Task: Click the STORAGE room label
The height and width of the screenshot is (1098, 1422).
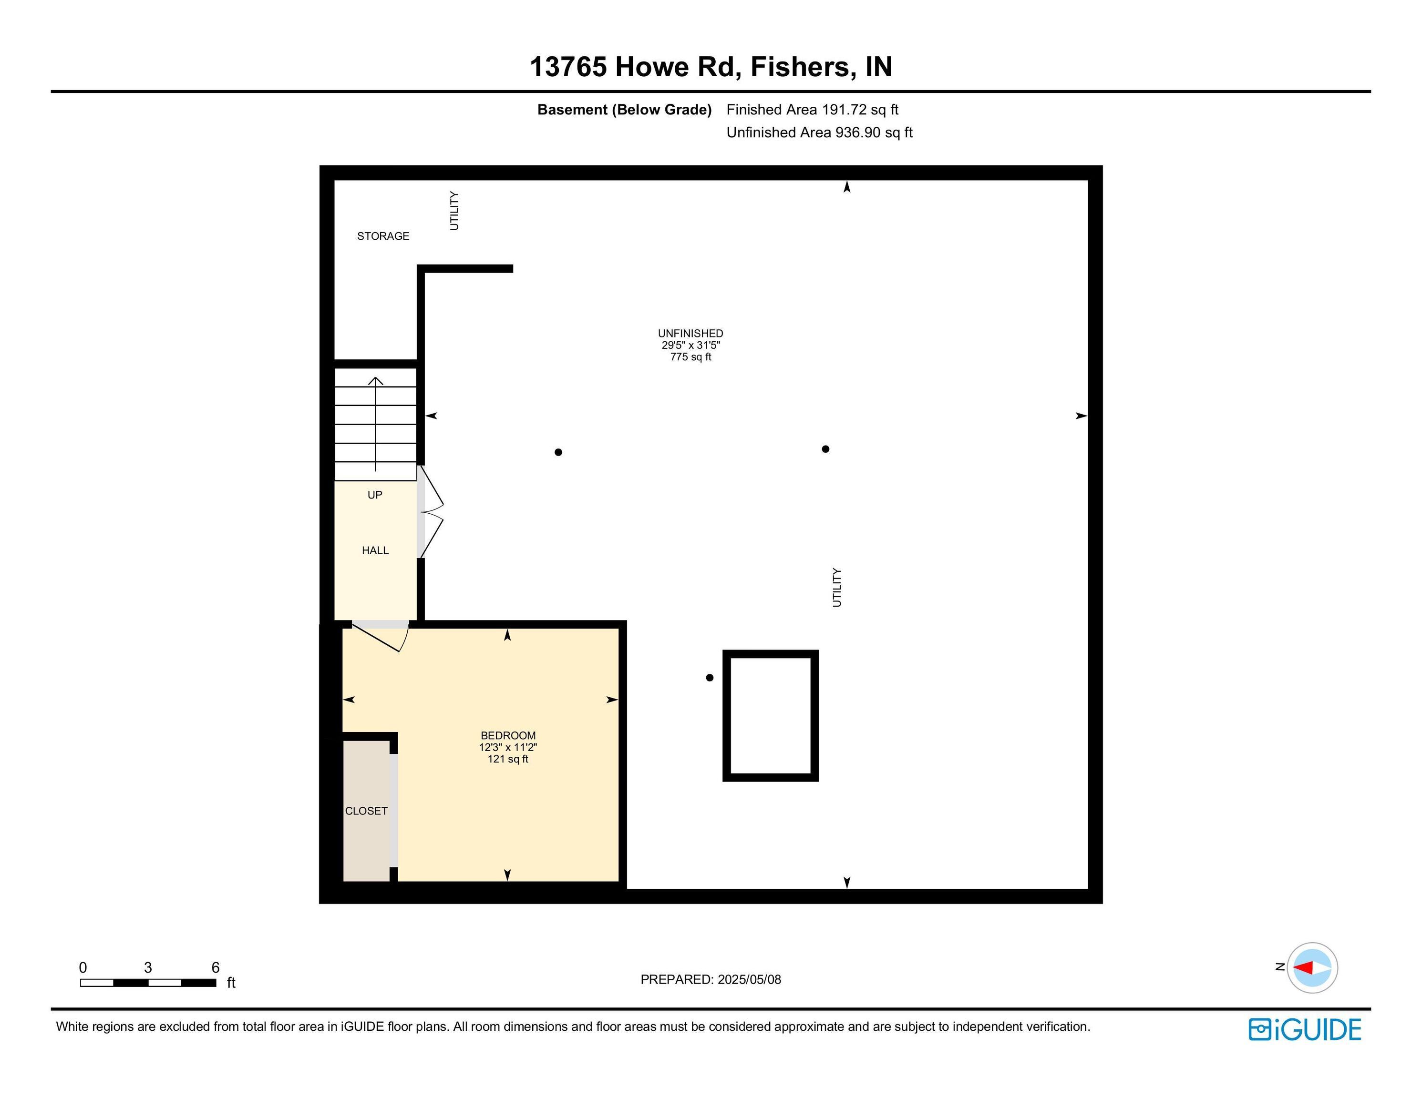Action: pyautogui.click(x=383, y=235)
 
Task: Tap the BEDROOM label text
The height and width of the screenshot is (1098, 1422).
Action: pyautogui.click(x=508, y=735)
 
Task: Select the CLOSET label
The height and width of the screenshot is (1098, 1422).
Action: pyautogui.click(x=366, y=811)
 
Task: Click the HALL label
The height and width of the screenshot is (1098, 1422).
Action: pyautogui.click(x=375, y=550)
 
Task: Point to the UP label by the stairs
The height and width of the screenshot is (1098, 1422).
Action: pyautogui.click(x=375, y=495)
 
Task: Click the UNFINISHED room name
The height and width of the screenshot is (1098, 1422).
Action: pyautogui.click(x=690, y=333)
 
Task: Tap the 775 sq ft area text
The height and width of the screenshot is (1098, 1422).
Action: pyautogui.click(x=691, y=356)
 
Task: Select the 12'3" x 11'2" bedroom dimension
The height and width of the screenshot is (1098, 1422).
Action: pyautogui.click(x=508, y=747)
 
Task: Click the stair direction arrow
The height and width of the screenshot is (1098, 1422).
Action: pyautogui.click(x=376, y=424)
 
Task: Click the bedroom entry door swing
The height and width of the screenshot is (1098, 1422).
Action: pyautogui.click(x=381, y=638)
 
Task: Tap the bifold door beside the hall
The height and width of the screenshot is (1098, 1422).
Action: pyautogui.click(x=431, y=511)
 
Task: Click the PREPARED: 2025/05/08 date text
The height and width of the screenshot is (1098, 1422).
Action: pyautogui.click(x=711, y=979)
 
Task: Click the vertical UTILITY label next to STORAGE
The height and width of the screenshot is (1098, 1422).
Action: pyautogui.click(x=454, y=210)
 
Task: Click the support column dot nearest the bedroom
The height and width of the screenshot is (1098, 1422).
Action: pyautogui.click(x=710, y=678)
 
